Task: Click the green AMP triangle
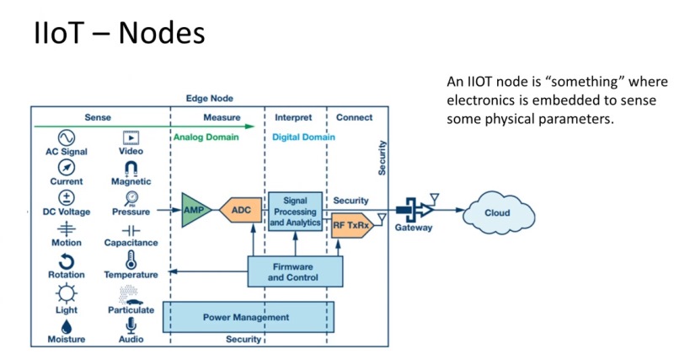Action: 195,210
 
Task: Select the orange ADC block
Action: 242,210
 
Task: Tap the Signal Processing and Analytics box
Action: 295,211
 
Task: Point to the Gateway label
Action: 414,228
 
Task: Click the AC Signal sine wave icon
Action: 66,137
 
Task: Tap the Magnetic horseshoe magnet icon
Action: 131,168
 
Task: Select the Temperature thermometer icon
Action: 131,260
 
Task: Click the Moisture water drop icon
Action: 66,325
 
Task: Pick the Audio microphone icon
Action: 131,325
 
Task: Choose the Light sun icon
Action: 66,295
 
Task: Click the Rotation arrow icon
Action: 66,261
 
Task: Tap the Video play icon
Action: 131,137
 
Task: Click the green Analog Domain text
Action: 206,137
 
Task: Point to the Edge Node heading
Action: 210,98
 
